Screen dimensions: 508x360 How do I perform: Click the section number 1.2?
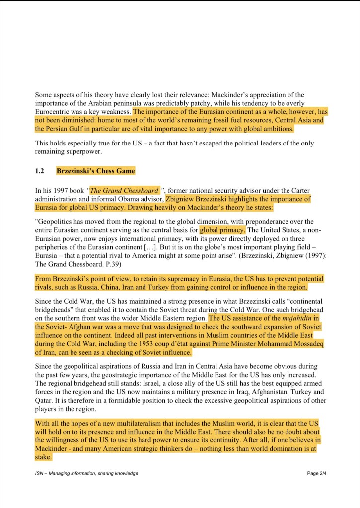pyautogui.click(x=40, y=171)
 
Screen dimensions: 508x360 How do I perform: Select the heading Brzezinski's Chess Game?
pyautogui.click(x=95, y=171)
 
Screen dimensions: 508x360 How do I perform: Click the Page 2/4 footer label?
pyautogui.click(x=317, y=473)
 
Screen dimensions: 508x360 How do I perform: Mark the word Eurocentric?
pyautogui.click(x=54, y=112)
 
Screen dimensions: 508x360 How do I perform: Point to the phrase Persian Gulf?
pyautogui.click(x=60, y=129)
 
